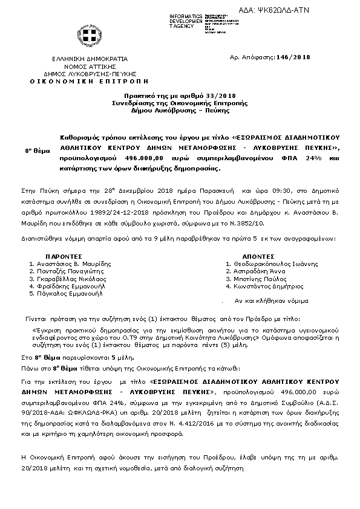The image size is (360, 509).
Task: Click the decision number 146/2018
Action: pos(293,57)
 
